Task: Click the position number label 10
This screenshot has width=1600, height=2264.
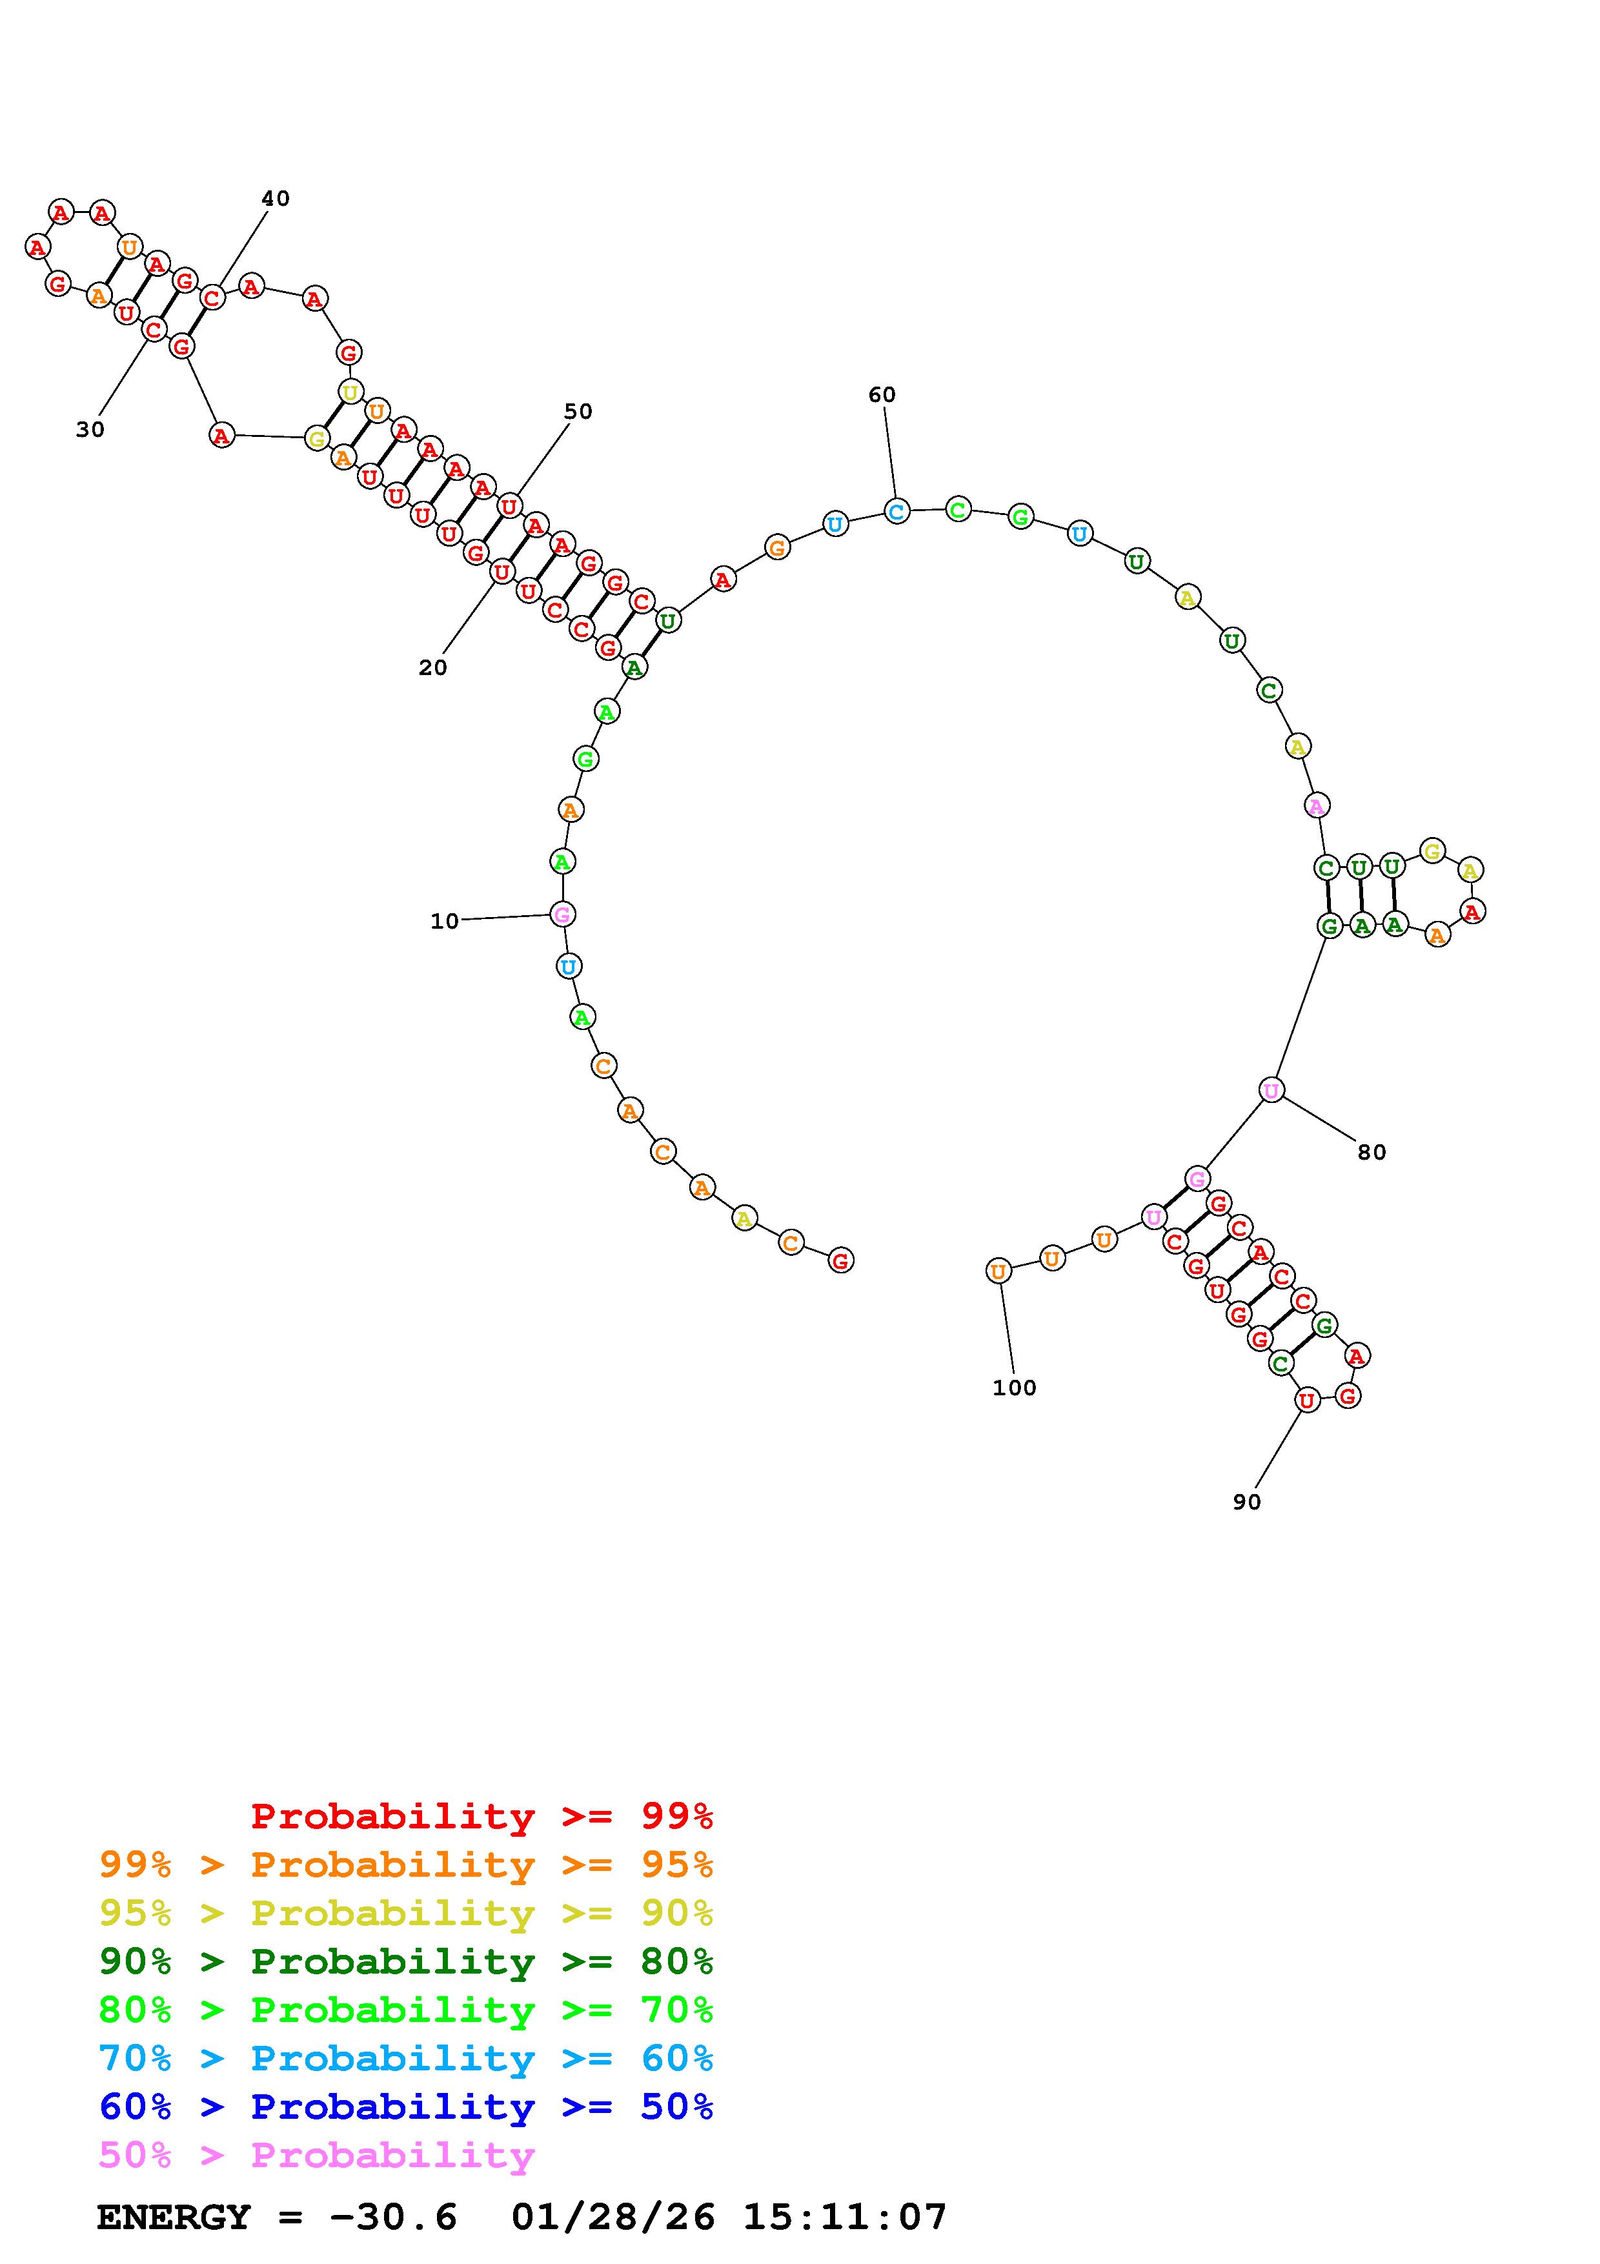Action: [x=445, y=921]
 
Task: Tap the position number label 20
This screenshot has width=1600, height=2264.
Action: [x=433, y=667]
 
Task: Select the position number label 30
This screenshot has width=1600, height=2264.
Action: [x=90, y=429]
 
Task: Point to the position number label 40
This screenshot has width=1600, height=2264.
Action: [x=276, y=198]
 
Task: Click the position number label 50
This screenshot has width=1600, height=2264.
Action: [x=579, y=411]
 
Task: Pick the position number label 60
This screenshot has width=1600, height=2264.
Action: [x=882, y=394]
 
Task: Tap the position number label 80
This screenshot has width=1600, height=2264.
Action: [x=1372, y=1152]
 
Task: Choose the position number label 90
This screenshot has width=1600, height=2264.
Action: [x=1247, y=1502]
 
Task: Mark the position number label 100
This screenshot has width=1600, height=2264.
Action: [x=1015, y=1388]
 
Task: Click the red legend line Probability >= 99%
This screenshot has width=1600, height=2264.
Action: [x=482, y=1816]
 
